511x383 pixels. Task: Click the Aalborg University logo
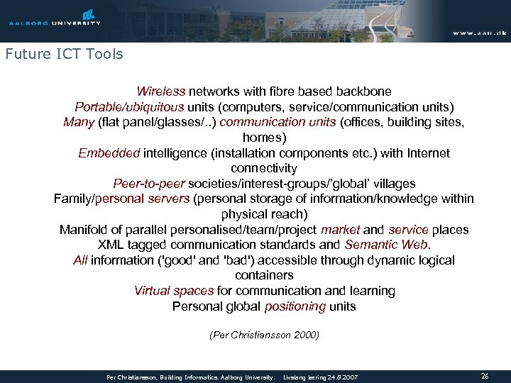[x=55, y=18]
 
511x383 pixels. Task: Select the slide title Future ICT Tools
[x=64, y=54]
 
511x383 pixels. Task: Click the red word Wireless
[x=160, y=91]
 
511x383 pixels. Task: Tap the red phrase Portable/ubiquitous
[x=129, y=107]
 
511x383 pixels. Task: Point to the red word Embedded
[x=109, y=153]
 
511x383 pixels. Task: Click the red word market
[x=340, y=230]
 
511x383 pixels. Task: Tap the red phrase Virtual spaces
[x=174, y=291]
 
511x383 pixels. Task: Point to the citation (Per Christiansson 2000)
[x=264, y=335]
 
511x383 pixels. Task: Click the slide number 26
[x=485, y=376]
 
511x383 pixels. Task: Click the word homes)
[x=264, y=138]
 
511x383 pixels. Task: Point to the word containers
[x=264, y=275]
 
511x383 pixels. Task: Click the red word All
[x=80, y=260]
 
